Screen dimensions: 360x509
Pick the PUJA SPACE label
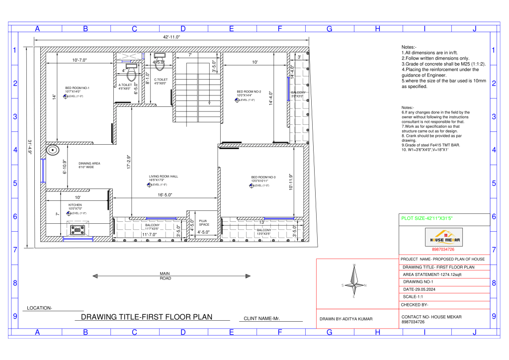pyautogui.click(x=203, y=222)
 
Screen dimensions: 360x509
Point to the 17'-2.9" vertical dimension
pyautogui.click(x=129, y=164)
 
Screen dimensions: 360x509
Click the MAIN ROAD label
pyautogui.click(x=166, y=276)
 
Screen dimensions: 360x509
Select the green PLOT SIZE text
pyautogui.click(x=426, y=218)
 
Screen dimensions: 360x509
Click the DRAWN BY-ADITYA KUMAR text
pyautogui.click(x=345, y=318)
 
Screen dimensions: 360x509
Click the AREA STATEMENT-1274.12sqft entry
pyautogui.click(x=432, y=274)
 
